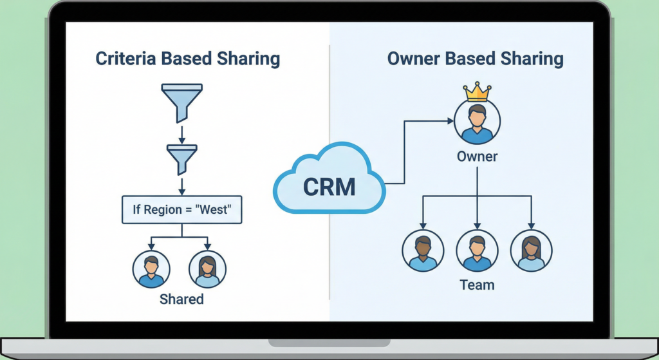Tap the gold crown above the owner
(477, 92)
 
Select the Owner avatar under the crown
(477, 123)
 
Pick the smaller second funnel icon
(181, 157)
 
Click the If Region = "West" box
(182, 210)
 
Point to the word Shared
(181, 299)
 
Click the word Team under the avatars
(477, 284)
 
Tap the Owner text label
(477, 156)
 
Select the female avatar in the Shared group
(207, 269)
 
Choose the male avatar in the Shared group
(151, 269)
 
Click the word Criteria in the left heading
(125, 59)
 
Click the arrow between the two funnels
(181, 134)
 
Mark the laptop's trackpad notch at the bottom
(329, 342)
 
